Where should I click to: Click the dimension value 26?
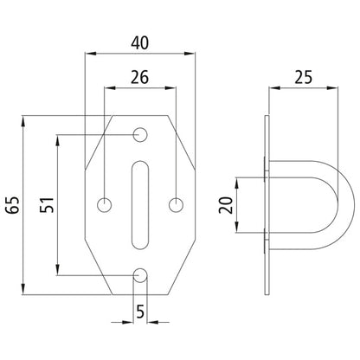139,76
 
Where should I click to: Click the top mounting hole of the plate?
140,135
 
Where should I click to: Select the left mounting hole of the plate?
105,205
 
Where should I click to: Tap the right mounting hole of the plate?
176,205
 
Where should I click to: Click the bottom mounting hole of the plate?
140,276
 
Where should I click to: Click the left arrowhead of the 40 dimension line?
89,54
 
